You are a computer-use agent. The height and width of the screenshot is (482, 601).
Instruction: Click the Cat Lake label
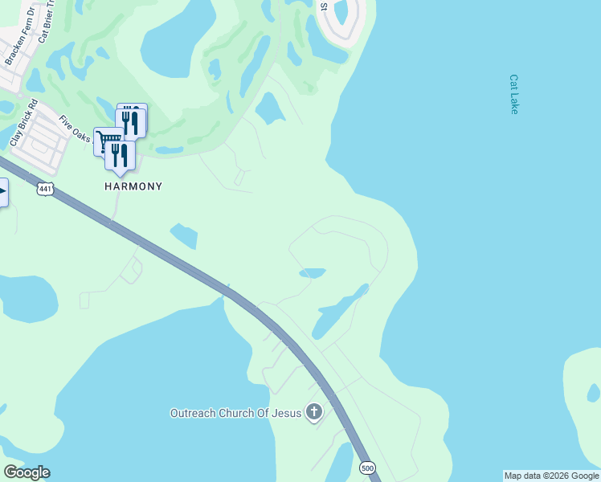point(513,95)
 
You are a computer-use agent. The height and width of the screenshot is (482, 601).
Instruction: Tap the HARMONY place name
point(133,186)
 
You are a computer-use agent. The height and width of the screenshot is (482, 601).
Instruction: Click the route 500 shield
point(367,468)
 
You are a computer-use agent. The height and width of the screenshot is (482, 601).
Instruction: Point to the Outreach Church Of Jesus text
point(235,414)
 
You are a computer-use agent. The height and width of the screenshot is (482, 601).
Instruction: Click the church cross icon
point(313,413)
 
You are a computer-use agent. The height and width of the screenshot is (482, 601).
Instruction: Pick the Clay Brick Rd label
point(24,122)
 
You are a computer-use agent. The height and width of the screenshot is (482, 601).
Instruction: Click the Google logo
point(27,472)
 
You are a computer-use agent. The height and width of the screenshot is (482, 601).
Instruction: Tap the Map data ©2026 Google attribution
point(551,476)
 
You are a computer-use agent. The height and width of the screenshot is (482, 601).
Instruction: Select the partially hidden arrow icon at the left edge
point(3,191)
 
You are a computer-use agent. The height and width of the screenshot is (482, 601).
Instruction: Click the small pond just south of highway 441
point(184,235)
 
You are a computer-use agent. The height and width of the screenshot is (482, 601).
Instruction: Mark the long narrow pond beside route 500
point(337,312)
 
